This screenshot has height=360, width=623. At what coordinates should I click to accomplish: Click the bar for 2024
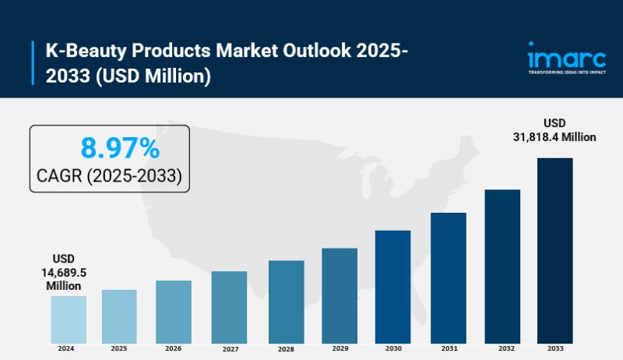tap(69, 319)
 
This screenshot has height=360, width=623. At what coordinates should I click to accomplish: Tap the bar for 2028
tap(286, 302)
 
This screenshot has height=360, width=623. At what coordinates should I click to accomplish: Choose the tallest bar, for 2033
tap(554, 250)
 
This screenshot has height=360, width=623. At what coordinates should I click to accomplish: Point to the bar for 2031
tap(448, 277)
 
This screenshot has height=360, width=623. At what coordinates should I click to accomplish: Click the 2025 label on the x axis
tap(119, 348)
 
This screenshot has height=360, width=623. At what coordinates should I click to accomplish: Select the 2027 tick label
tap(229, 348)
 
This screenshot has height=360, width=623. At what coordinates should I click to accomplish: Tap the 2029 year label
tap(340, 348)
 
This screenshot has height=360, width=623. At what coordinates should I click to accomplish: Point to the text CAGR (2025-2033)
tap(110, 176)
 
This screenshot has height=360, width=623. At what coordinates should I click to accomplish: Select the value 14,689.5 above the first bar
tap(63, 272)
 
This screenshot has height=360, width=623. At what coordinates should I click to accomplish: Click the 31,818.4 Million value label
tap(554, 137)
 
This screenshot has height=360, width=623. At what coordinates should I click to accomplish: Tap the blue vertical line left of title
tap(33, 63)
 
